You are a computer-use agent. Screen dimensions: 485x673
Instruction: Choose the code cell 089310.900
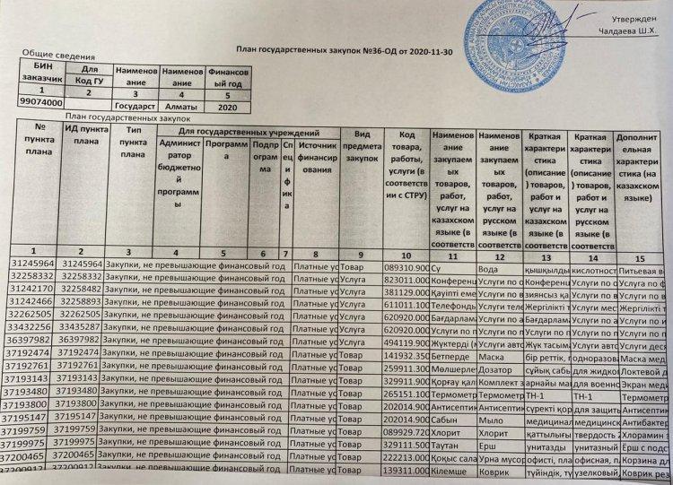pyautogui.click(x=406, y=267)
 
